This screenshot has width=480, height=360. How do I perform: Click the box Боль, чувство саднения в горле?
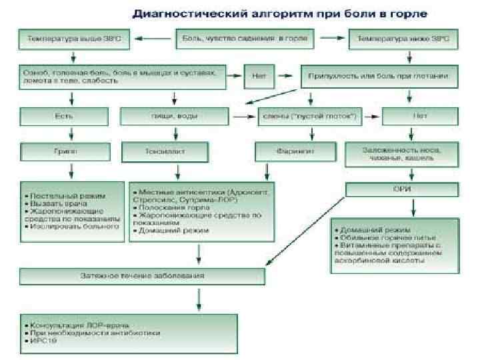coord(245,39)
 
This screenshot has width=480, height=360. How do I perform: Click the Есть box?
coord(63,117)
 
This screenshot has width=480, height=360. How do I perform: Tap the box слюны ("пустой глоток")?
coord(309,117)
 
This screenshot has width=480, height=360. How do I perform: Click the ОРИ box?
coord(401,190)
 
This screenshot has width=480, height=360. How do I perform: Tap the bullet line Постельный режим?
coord(67,196)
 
